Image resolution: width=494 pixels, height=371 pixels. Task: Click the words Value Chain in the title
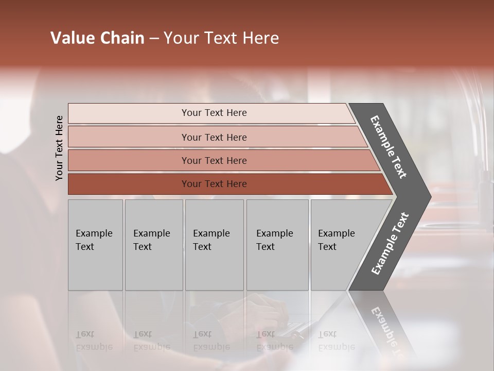[97, 38]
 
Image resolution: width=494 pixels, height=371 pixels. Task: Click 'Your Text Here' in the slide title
[221, 38]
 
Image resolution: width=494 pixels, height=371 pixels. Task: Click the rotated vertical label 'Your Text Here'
[59, 148]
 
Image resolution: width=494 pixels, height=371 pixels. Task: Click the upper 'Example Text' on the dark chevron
[389, 147]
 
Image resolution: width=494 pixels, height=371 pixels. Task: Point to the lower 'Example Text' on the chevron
[390, 244]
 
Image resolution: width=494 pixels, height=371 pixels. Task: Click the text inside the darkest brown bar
[214, 184]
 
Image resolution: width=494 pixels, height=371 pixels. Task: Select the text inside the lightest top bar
[214, 113]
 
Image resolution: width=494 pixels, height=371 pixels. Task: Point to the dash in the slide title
[154, 39]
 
